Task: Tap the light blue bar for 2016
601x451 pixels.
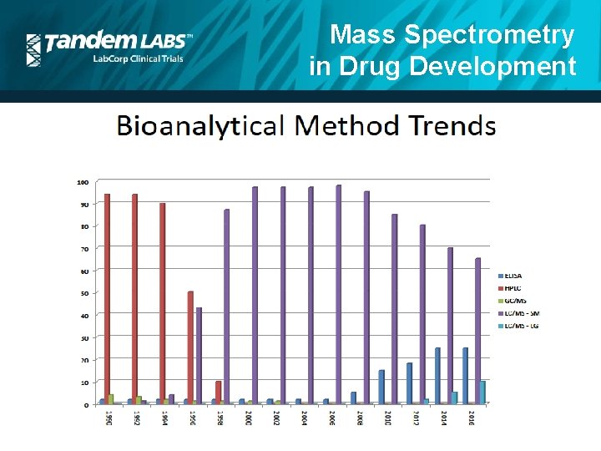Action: click(x=483, y=393)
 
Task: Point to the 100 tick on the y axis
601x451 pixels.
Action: click(x=83, y=182)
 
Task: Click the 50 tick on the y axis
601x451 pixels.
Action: click(x=83, y=293)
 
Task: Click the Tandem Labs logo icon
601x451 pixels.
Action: click(x=33, y=49)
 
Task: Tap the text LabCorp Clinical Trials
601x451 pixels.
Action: click(x=137, y=58)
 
